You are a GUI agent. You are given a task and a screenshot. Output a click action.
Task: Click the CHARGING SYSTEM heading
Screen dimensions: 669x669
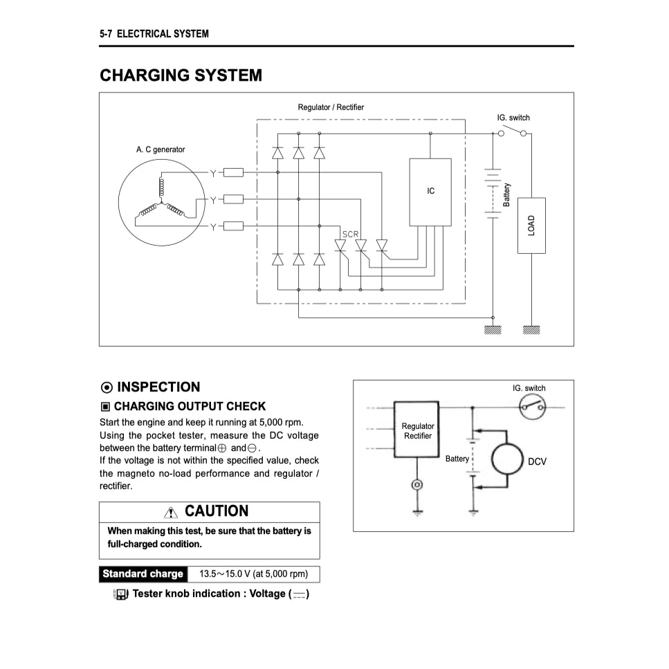click(181, 75)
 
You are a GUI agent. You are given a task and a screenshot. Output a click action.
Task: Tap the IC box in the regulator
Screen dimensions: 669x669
click(430, 192)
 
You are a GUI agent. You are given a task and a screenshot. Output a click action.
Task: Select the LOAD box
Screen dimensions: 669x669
click(531, 226)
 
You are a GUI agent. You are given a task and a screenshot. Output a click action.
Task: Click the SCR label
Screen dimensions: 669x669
click(351, 234)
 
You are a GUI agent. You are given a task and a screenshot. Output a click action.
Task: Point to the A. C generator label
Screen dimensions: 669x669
click(161, 149)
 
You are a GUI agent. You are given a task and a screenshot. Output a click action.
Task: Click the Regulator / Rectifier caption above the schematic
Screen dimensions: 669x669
click(331, 107)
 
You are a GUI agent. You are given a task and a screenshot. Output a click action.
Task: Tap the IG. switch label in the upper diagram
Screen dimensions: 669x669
click(513, 118)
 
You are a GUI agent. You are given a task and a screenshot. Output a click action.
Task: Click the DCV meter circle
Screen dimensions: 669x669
click(511, 460)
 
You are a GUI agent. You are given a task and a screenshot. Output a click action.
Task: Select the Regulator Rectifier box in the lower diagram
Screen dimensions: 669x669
click(416, 430)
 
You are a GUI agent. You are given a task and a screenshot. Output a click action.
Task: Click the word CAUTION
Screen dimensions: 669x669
click(217, 511)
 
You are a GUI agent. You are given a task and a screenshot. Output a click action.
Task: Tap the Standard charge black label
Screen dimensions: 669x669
click(143, 574)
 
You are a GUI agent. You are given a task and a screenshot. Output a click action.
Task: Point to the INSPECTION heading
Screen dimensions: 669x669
click(158, 387)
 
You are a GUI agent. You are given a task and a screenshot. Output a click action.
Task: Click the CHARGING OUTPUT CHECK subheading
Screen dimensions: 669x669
click(190, 406)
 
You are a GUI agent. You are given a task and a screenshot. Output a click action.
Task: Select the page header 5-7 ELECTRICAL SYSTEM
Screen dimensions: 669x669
click(154, 33)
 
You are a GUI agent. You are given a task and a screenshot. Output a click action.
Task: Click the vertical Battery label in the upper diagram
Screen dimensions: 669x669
click(507, 194)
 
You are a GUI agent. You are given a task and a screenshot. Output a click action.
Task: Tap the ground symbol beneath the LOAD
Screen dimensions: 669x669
click(531, 330)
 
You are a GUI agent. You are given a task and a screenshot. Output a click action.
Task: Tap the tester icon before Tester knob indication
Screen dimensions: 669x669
click(120, 594)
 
